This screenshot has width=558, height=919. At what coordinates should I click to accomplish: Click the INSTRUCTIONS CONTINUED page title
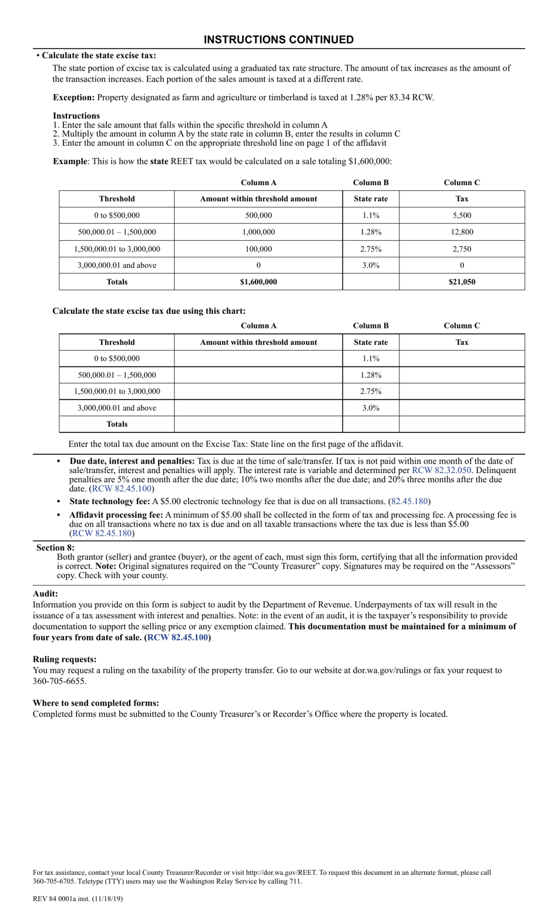point(278,40)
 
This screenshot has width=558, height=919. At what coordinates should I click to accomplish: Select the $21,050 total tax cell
point(462,282)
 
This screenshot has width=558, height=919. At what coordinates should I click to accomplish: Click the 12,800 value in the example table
point(462,232)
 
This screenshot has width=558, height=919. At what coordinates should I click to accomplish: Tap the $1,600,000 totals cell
point(258,282)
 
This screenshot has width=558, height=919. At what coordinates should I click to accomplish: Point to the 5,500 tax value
point(462,216)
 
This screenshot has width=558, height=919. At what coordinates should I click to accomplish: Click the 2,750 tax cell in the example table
point(462,249)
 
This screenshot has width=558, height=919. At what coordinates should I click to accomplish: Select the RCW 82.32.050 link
point(441,471)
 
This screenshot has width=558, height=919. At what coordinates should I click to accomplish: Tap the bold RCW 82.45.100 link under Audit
point(177,638)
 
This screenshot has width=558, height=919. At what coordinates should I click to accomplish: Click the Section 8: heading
point(55,548)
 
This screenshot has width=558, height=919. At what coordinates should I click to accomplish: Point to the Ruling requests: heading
point(65,659)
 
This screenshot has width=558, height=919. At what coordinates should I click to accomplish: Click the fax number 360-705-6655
point(59,682)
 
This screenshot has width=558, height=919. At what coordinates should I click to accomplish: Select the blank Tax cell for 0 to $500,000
point(462,358)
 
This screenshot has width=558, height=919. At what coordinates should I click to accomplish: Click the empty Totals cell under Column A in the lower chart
point(258,424)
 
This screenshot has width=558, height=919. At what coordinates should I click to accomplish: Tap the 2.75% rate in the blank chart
point(371,391)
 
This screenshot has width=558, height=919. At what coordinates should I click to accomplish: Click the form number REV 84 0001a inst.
point(78,898)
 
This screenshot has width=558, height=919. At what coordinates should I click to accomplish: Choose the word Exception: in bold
point(73,98)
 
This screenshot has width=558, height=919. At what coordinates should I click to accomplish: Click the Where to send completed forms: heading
point(96,703)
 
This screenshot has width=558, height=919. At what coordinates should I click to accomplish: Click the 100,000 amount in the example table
point(258,249)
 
